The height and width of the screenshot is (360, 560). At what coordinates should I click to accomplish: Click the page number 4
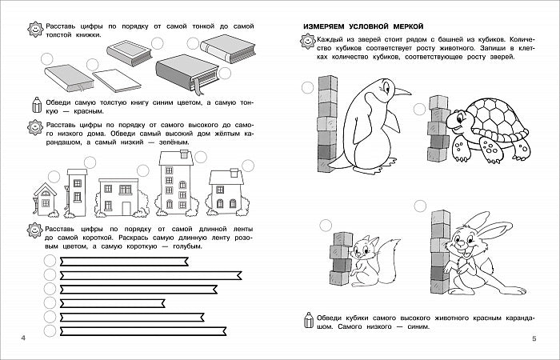pyautogui.click(x=22, y=342)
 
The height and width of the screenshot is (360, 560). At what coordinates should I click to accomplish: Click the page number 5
pyautogui.click(x=534, y=342)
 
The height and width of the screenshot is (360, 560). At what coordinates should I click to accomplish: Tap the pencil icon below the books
pyautogui.click(x=34, y=104)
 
